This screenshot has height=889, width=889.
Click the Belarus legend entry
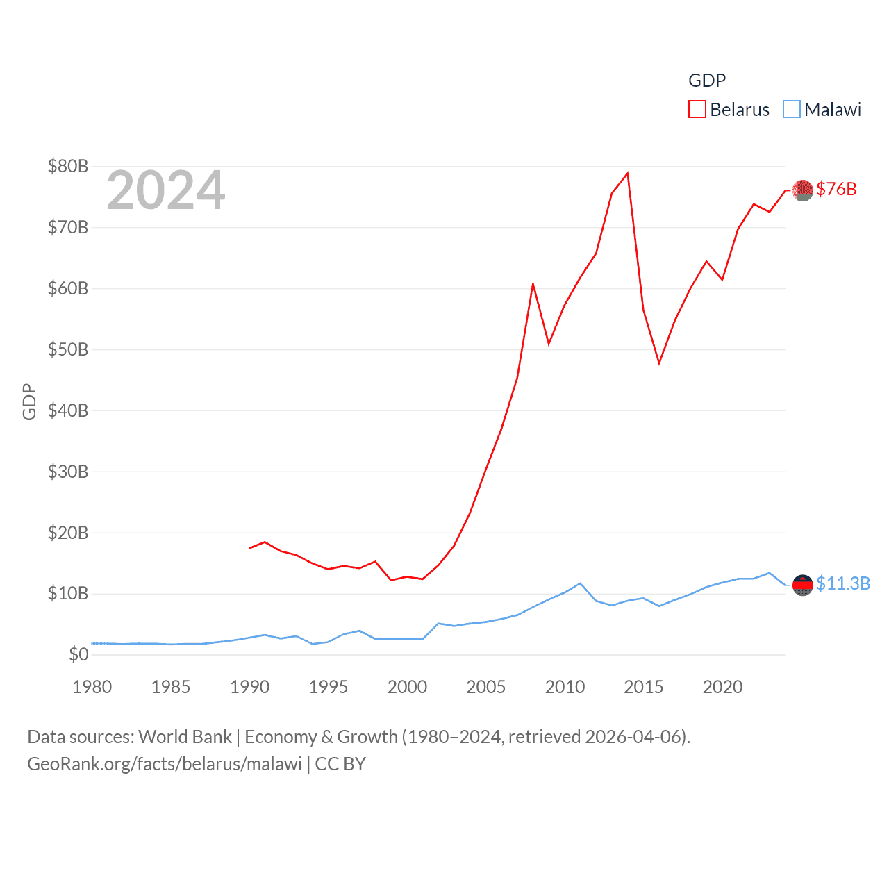(x=729, y=110)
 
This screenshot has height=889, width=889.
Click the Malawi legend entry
(x=822, y=110)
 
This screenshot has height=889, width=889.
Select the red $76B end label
(x=836, y=189)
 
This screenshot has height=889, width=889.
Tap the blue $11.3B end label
(x=843, y=583)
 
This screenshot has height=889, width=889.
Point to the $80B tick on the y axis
(x=68, y=166)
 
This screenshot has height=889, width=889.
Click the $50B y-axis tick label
(x=68, y=349)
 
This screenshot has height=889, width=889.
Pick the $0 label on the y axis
(x=78, y=654)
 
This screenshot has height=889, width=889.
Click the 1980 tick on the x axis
(x=92, y=687)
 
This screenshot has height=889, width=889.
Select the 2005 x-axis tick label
(x=486, y=687)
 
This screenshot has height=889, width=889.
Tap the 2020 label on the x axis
(x=722, y=687)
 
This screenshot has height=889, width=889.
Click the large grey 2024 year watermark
(x=166, y=190)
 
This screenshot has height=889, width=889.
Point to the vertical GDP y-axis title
(x=29, y=401)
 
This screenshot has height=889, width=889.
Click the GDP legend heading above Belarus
(x=707, y=81)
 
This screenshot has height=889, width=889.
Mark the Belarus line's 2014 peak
(x=628, y=173)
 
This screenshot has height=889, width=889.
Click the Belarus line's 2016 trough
(x=659, y=363)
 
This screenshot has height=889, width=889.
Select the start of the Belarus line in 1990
(x=250, y=548)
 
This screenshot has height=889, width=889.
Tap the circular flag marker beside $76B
(x=803, y=190)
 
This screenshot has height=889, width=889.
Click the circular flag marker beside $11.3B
(x=803, y=585)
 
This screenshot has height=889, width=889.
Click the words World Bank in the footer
(x=185, y=736)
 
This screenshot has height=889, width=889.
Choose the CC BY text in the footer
(x=340, y=764)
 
